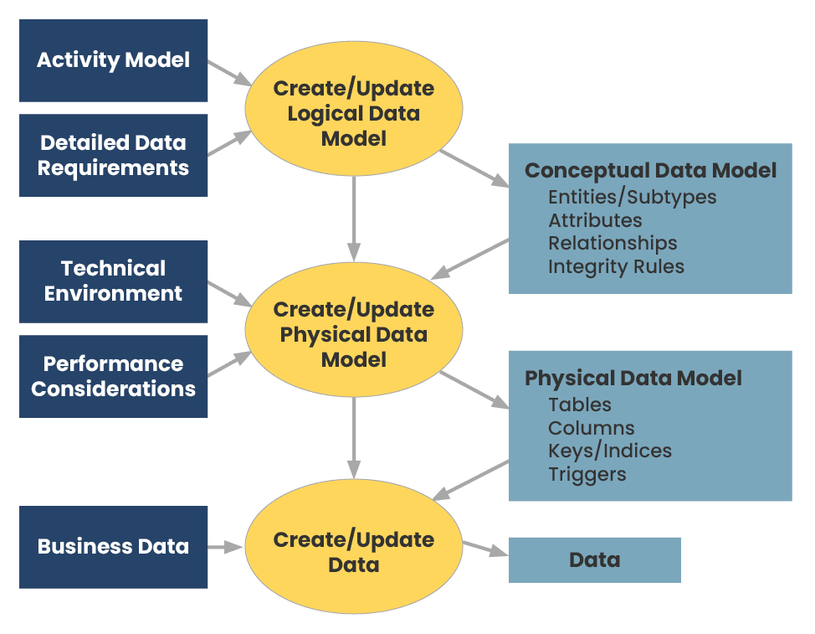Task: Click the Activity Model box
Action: coord(113,60)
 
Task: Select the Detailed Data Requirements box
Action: coord(113,155)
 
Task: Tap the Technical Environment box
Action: coord(113,281)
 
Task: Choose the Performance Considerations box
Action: coord(113,376)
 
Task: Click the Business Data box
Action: coord(113,547)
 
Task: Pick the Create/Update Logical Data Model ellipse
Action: coord(353,113)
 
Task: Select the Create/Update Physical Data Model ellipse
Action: coord(353,334)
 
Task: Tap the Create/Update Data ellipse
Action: coord(353,551)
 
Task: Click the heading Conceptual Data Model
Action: coord(650,171)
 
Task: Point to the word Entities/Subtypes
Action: coord(633,198)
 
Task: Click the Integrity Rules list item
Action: coord(616,266)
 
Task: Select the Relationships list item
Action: coord(613,244)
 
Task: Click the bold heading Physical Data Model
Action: coord(633,378)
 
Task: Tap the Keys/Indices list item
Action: coord(610,451)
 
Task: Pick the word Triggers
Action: coord(587,474)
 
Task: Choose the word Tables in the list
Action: coord(580,405)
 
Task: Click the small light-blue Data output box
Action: coord(594,559)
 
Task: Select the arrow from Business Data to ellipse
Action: coord(226,547)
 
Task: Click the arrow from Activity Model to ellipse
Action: coord(228,72)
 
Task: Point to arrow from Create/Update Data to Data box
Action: coord(485,549)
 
